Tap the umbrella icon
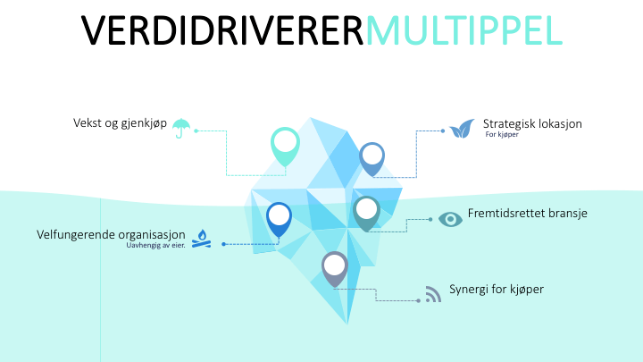tap(181, 129)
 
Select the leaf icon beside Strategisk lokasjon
tap(461, 129)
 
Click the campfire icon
tap(202, 238)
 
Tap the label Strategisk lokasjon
tap(532, 123)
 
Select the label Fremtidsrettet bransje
tap(527, 215)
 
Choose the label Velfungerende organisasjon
tap(111, 234)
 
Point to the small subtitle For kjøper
tap(502, 135)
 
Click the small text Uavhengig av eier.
tap(155, 245)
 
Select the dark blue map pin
tap(280, 216)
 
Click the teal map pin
tap(367, 211)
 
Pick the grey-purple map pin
tap(335, 265)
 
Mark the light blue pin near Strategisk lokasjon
tap(372, 156)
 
